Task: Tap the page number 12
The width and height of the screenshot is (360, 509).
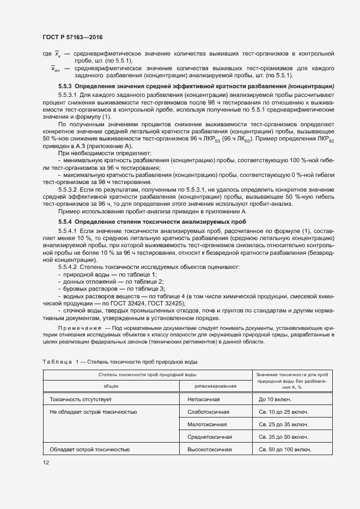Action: pyautogui.click(x=46, y=462)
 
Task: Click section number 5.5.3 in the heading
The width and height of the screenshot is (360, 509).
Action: pyautogui.click(x=65, y=87)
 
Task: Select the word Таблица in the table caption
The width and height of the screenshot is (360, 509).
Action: pyautogui.click(x=57, y=362)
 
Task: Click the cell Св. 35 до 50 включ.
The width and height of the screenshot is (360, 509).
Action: pyautogui.click(x=284, y=437)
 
